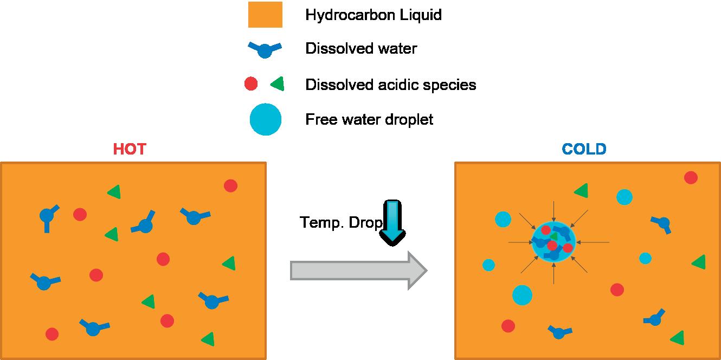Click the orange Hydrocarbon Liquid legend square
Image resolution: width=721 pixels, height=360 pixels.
point(265,15)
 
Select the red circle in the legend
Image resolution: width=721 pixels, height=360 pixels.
point(250,84)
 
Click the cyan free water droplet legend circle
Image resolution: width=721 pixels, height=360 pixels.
point(266,120)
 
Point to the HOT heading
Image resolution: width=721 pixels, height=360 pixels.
point(130,149)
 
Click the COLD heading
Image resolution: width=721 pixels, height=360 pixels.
point(584,149)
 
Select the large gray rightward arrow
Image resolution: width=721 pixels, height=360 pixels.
point(358,270)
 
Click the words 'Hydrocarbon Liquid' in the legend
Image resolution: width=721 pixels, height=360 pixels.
point(374,15)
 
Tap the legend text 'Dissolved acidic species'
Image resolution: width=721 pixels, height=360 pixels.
point(390,85)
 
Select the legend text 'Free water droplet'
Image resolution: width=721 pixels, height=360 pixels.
point(369,119)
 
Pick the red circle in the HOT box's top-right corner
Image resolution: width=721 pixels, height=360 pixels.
point(230,185)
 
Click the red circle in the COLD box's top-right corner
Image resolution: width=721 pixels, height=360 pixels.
point(691,177)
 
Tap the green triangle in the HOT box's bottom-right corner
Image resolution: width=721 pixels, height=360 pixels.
point(207,339)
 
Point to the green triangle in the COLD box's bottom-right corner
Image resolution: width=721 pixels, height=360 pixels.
point(677,338)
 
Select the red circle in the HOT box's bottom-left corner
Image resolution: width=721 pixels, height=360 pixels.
point(52,334)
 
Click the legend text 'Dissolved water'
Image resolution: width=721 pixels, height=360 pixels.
point(361,49)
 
